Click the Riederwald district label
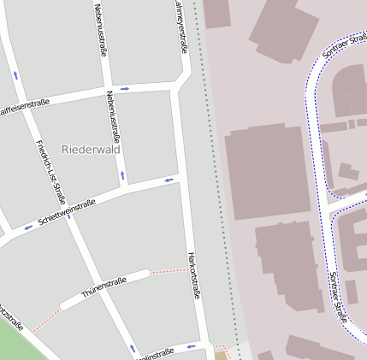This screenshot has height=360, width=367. tap(91, 149)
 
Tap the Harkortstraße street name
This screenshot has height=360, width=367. tap(193, 274)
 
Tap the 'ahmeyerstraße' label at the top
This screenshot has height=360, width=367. tap(181, 26)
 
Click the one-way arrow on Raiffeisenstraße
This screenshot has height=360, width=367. tap(125, 88)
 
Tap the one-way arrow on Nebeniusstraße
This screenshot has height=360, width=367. tap(122, 175)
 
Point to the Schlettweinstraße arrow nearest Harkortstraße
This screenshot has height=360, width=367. tap(169, 180)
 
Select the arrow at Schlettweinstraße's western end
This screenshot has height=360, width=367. tap(28, 227)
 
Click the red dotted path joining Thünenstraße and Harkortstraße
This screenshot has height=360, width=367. tap(169, 271)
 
